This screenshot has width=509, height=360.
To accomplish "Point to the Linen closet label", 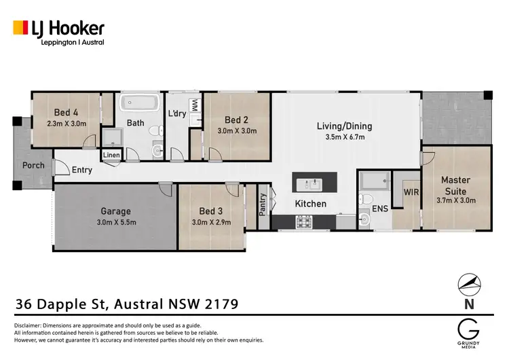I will (112, 156).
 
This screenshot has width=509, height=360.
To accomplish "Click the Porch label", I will (33, 165).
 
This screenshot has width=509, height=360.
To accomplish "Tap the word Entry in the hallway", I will (82, 170).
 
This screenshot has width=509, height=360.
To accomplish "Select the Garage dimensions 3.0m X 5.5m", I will (115, 223).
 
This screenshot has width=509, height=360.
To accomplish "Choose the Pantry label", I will (263, 205).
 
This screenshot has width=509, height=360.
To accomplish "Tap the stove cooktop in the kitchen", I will (303, 220).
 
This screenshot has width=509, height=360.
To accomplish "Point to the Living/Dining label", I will (345, 126).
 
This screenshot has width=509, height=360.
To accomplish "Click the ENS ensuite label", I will (380, 209).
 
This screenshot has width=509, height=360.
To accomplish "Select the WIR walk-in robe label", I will (411, 192).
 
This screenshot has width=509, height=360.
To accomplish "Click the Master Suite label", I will (455, 185).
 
